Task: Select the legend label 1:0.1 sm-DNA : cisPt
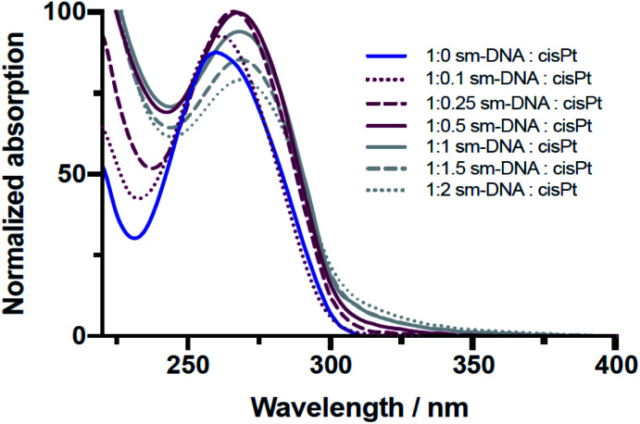tap(510, 79)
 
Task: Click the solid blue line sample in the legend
tap(381, 56)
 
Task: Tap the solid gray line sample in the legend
tap(381, 145)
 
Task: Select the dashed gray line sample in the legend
tap(381, 168)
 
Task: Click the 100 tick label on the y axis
tap(64, 12)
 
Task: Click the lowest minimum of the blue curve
tap(134, 238)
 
